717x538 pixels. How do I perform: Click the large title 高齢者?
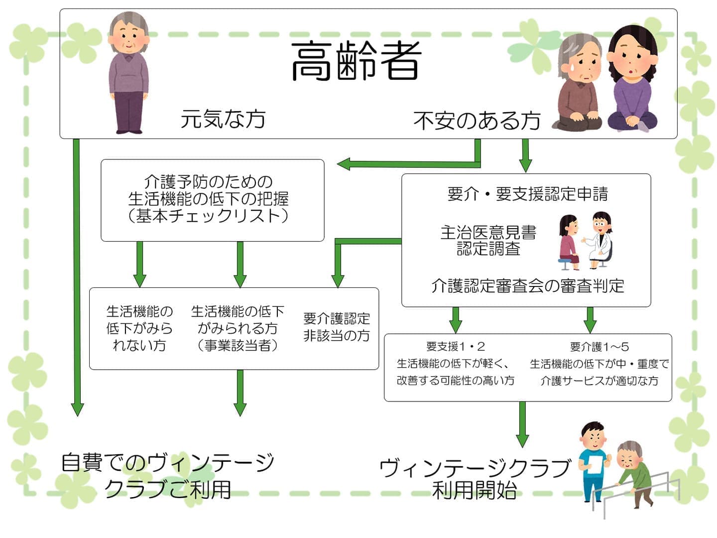(356, 61)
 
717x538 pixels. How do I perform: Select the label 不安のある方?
(477, 121)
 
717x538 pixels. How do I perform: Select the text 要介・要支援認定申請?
(527, 194)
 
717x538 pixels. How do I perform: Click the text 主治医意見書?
(488, 232)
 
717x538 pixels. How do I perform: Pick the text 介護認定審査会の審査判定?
(527, 286)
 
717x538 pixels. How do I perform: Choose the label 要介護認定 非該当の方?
(337, 327)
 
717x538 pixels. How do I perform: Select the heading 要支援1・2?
(456, 346)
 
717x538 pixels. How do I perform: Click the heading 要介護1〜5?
(599, 346)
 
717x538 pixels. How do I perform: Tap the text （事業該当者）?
(238, 345)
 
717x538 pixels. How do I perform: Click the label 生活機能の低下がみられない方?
(139, 328)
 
